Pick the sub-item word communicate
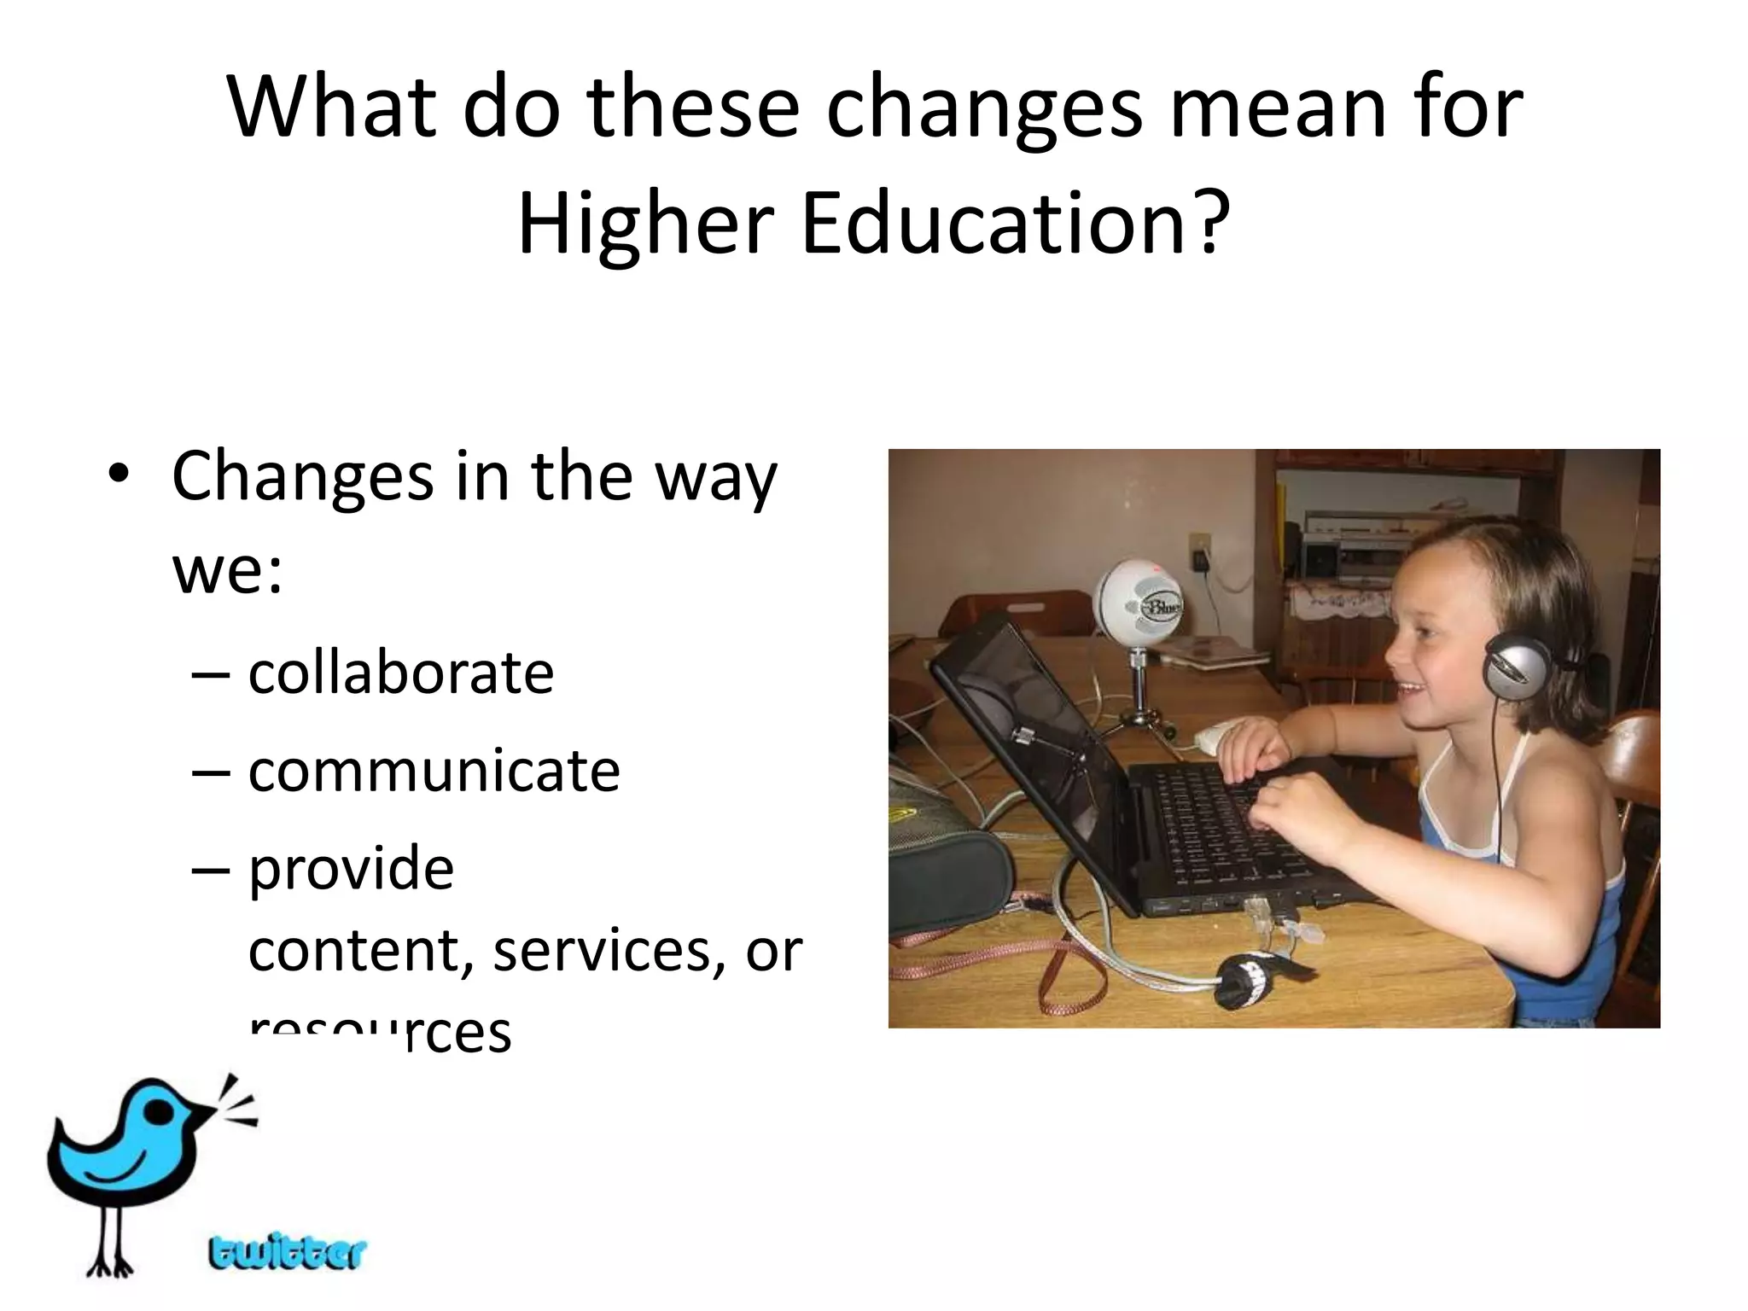[x=434, y=771]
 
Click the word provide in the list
[x=351, y=869]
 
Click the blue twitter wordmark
[x=287, y=1253]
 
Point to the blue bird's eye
[x=159, y=1108]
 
